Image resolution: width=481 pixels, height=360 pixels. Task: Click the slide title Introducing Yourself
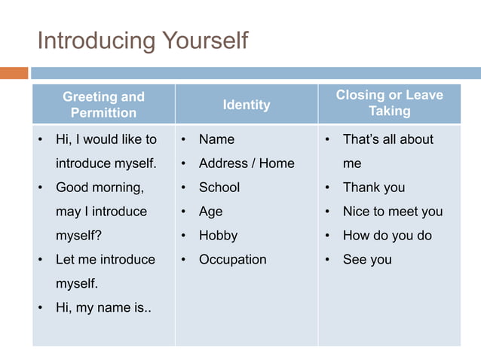pyautogui.click(x=142, y=40)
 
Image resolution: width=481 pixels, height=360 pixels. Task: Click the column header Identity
pyautogui.click(x=246, y=105)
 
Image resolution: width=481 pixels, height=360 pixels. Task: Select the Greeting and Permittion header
pyautogui.click(x=103, y=105)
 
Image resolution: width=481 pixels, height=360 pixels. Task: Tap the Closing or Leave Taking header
pyautogui.click(x=389, y=103)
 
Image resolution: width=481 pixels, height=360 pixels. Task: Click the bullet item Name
pyautogui.click(x=216, y=139)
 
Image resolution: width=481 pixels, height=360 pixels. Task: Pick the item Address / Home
pyautogui.click(x=247, y=163)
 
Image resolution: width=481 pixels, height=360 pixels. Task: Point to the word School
pyautogui.click(x=219, y=188)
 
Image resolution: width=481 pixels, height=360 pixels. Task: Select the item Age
pyautogui.click(x=210, y=212)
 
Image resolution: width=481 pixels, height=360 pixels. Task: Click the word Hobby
pyautogui.click(x=218, y=236)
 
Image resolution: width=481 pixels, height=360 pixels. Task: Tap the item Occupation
pyautogui.click(x=232, y=260)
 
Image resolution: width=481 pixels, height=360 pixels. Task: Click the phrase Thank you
pyautogui.click(x=373, y=188)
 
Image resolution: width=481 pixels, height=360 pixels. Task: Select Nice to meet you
pyautogui.click(x=392, y=212)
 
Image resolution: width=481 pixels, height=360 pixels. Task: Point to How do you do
pyautogui.click(x=387, y=236)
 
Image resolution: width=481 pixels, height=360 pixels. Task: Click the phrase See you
pyautogui.click(x=367, y=260)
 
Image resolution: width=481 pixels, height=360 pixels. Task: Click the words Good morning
pyautogui.click(x=100, y=188)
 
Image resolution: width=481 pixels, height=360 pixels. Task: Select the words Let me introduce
pyautogui.click(x=106, y=260)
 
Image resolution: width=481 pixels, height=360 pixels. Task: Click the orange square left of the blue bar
pyautogui.click(x=14, y=73)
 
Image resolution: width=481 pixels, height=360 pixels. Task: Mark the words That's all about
pyautogui.click(x=388, y=139)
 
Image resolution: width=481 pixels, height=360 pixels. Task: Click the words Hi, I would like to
pyautogui.click(x=106, y=139)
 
